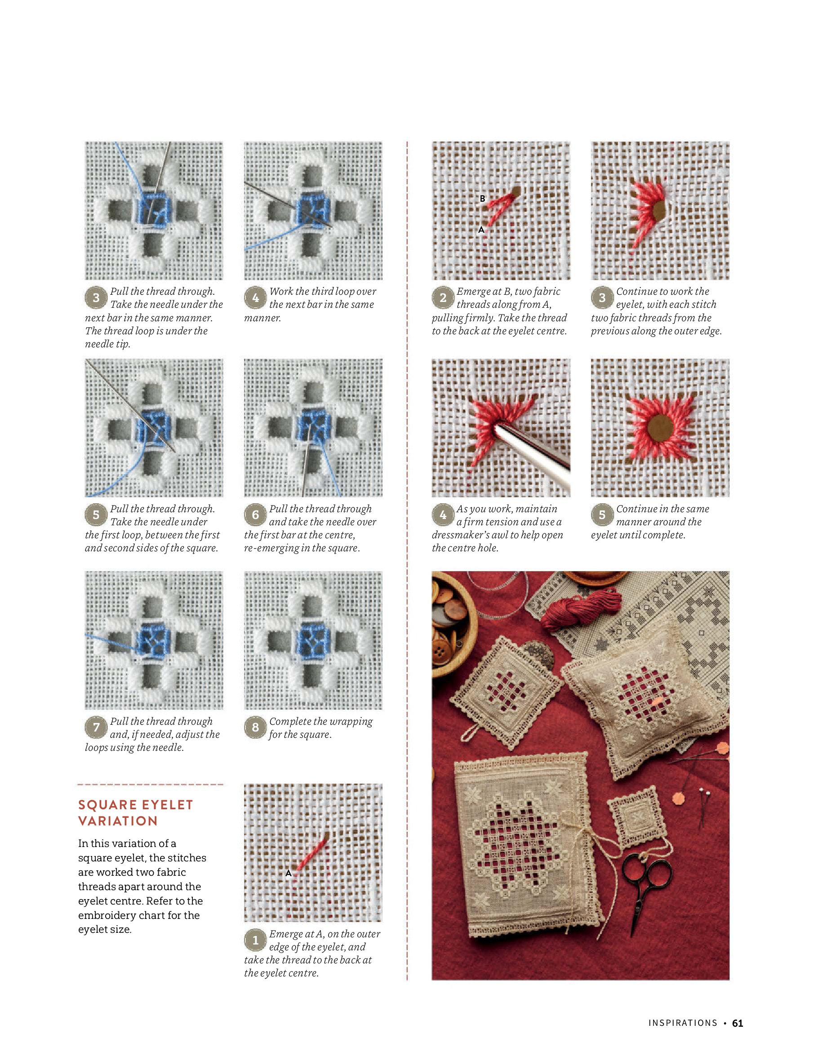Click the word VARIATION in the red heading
click(x=118, y=821)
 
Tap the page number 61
click(x=738, y=1023)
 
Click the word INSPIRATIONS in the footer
click(x=683, y=1023)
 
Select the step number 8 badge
click(x=255, y=727)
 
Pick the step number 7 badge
click(x=96, y=727)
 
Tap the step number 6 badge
click(x=255, y=514)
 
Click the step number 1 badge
click(x=255, y=940)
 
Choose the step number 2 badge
click(x=443, y=297)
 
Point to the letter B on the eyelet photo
click(x=482, y=198)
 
